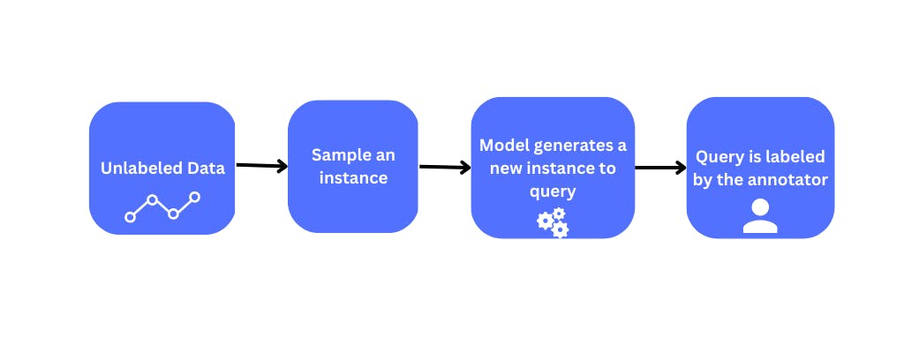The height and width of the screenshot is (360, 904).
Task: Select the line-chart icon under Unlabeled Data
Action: coord(162,207)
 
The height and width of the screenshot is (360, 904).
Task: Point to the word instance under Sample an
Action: coord(353,177)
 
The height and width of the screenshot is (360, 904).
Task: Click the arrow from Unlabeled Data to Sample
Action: coord(261,166)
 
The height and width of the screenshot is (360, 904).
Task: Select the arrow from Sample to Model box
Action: coord(445,167)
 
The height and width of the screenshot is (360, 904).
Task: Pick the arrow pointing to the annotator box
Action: coord(660,168)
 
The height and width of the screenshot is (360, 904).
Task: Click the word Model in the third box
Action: coord(504,146)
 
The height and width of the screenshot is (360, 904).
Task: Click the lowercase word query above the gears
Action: coord(553,191)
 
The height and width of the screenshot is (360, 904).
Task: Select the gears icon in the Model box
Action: coord(553,223)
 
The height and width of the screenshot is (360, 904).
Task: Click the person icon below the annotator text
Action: coord(760,216)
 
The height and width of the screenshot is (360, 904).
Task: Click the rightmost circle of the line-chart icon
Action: coord(194,197)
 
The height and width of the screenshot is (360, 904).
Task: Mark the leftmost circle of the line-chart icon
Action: coord(131,217)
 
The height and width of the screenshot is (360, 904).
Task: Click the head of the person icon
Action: coord(760,206)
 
